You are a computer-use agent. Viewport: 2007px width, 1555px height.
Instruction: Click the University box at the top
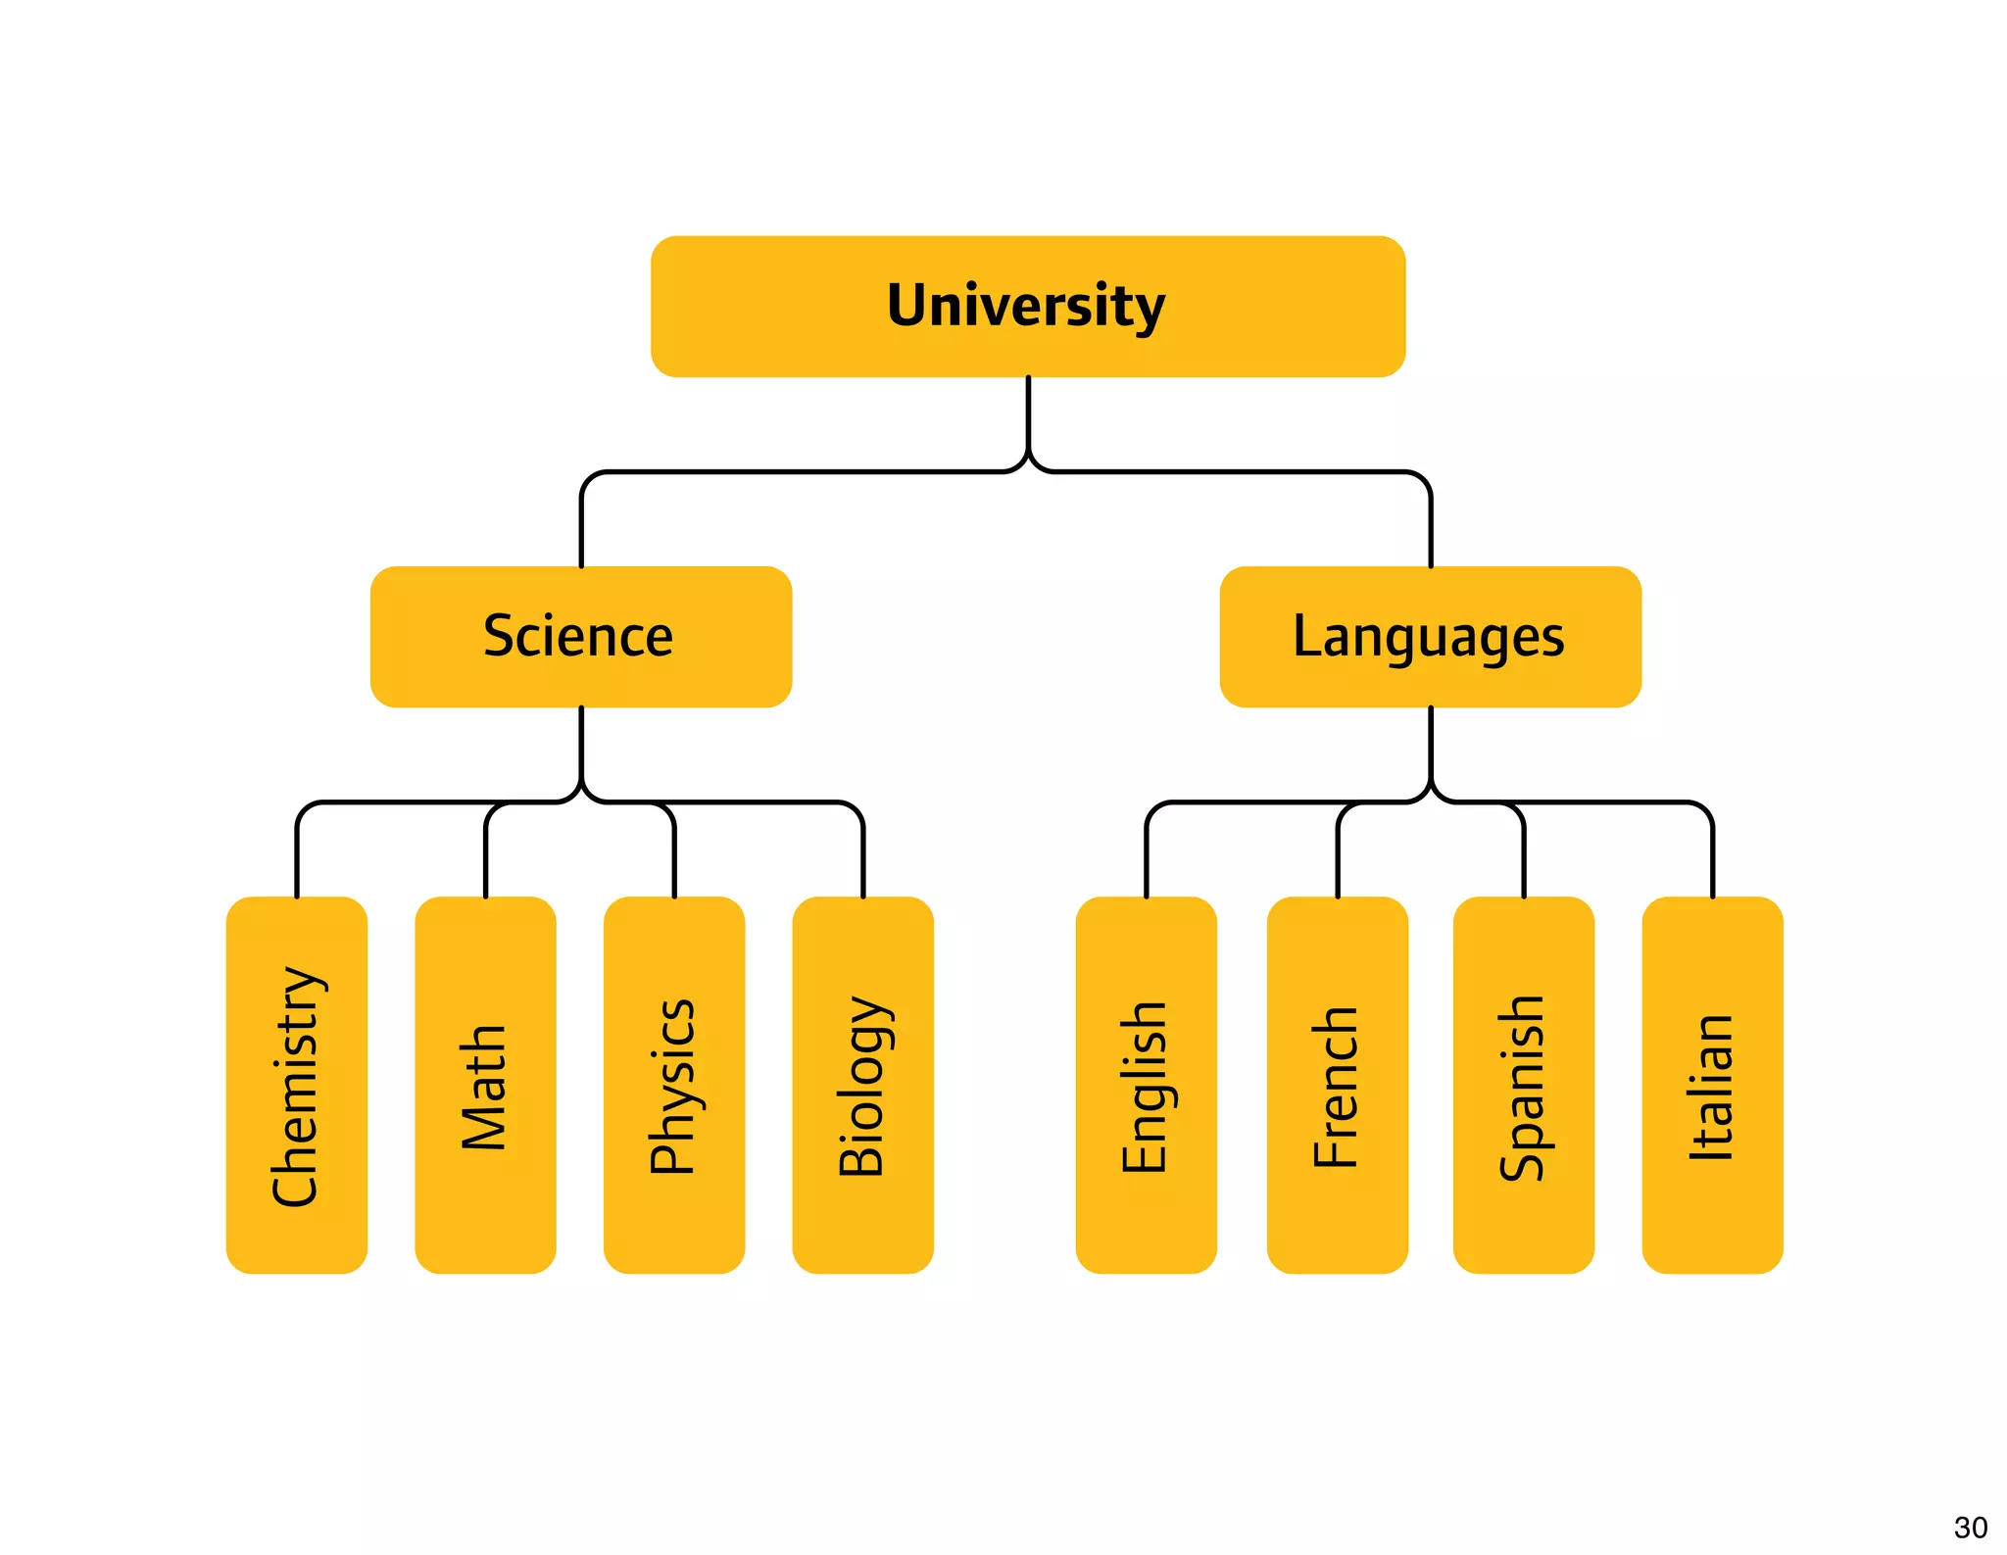tap(1027, 306)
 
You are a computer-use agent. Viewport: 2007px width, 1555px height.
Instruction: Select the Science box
tap(580, 636)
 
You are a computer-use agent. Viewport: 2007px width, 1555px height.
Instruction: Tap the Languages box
tap(1430, 636)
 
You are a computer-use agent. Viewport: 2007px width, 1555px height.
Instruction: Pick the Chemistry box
tap(296, 1085)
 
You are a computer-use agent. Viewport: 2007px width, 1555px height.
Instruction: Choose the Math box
tap(485, 1085)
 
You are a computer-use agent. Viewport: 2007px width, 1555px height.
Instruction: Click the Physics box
tap(673, 1085)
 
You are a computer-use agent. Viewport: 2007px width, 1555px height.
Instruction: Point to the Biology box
tap(862, 1085)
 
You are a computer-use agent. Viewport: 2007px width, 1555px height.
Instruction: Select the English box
tap(1146, 1085)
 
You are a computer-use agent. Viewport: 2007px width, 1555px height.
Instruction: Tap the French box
tap(1337, 1085)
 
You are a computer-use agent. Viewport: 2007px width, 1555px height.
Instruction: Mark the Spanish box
tap(1523, 1085)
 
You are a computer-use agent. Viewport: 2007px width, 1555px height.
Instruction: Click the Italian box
tap(1712, 1085)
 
